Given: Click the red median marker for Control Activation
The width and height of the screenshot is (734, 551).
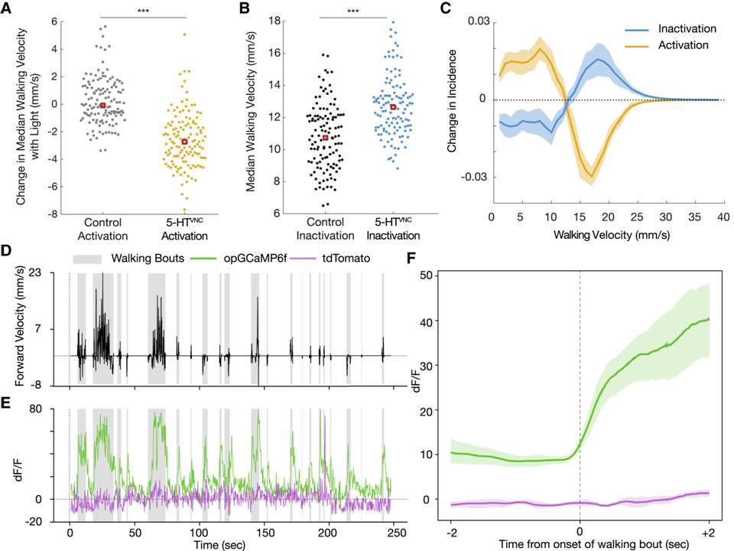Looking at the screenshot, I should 102,105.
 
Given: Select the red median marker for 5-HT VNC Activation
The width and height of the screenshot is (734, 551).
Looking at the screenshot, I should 184,142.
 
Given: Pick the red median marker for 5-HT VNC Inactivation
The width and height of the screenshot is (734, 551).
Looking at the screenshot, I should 393,107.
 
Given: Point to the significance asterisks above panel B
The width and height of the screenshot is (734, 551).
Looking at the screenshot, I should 352,11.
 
